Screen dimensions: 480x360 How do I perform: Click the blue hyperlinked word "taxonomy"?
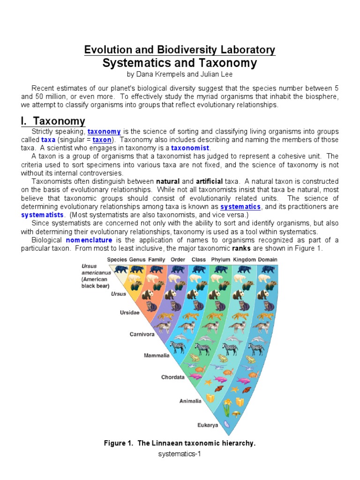point(104,132)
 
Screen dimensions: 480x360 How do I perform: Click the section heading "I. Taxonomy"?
point(52,121)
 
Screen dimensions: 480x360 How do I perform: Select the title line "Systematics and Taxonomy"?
point(180,63)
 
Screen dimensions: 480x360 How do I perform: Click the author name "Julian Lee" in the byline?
point(217,75)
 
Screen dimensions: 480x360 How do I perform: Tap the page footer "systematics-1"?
point(180,454)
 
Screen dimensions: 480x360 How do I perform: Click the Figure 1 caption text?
point(180,443)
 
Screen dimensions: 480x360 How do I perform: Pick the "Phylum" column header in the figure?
point(220,259)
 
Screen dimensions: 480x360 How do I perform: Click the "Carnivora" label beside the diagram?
point(142,334)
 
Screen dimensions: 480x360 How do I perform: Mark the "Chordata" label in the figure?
point(173,377)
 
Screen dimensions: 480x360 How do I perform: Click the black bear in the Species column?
point(121,269)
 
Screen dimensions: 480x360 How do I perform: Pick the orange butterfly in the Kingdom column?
point(246,389)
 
